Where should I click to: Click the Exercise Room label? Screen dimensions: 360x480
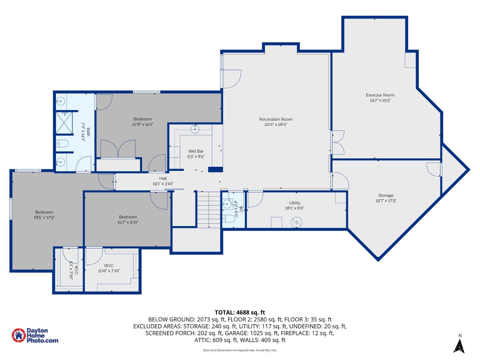(x=380, y=95)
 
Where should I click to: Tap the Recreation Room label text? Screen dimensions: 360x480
(x=276, y=119)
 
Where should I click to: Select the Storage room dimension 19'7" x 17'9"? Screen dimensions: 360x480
(x=386, y=201)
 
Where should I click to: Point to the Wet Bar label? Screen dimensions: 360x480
(x=196, y=151)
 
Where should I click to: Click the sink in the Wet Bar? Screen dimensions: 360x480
(x=195, y=129)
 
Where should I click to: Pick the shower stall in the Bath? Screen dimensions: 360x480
(x=65, y=123)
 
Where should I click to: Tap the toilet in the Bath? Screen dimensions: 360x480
(x=62, y=144)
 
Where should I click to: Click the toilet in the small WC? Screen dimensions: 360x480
(x=229, y=219)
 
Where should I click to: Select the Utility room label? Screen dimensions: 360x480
(x=295, y=203)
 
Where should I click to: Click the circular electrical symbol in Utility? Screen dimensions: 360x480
(x=297, y=222)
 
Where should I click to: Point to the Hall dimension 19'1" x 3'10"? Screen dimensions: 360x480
(x=163, y=184)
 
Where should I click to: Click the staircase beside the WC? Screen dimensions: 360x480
(x=209, y=210)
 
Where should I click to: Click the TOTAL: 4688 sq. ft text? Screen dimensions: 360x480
(x=240, y=312)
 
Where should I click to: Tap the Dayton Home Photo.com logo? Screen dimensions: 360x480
(x=35, y=335)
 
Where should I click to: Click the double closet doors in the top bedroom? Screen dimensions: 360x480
(x=118, y=149)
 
